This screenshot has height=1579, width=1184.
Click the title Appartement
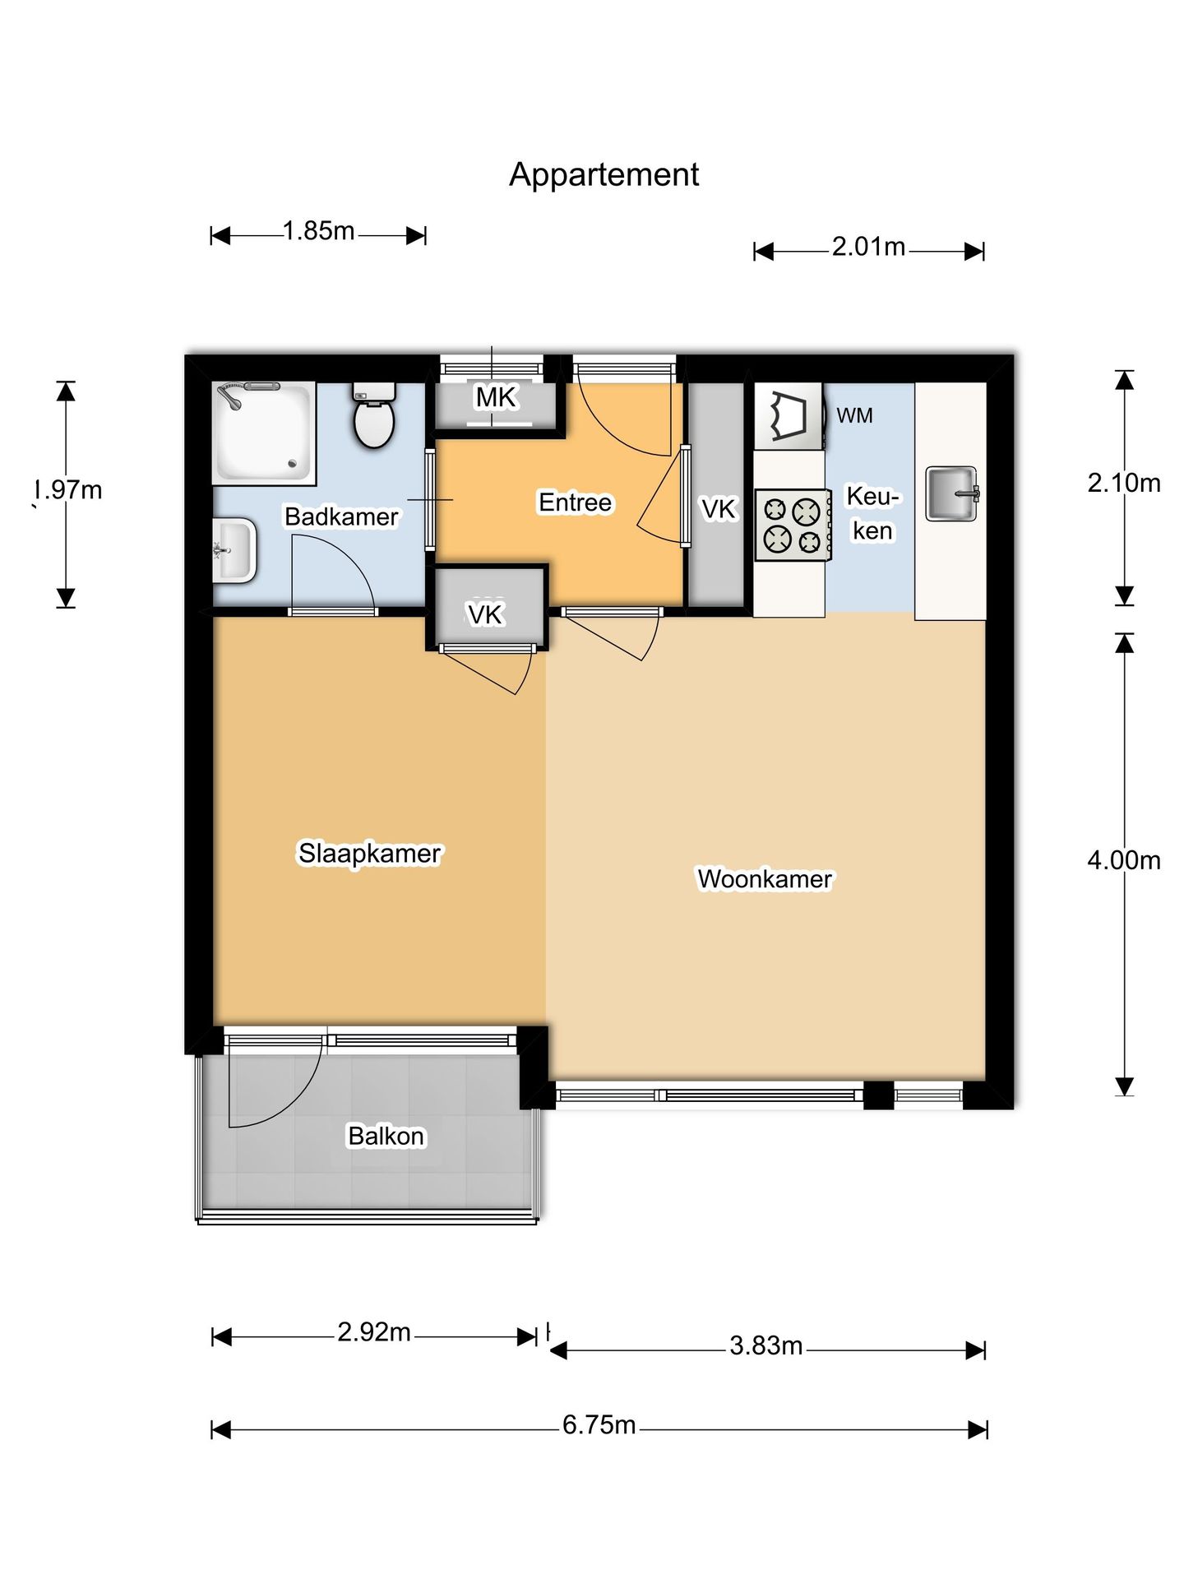click(604, 174)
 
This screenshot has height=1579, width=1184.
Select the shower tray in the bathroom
click(263, 433)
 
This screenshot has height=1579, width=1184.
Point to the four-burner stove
click(793, 526)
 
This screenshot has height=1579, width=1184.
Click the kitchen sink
click(951, 493)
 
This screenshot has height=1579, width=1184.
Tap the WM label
click(854, 415)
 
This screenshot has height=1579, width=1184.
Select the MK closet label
click(495, 397)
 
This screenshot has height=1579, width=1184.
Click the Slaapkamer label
click(369, 853)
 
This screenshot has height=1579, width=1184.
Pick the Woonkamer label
click(765, 878)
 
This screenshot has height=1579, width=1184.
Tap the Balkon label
click(386, 1136)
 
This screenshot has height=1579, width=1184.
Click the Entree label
click(575, 502)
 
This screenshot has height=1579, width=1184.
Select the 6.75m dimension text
click(599, 1424)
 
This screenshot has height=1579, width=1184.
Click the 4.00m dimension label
click(1123, 860)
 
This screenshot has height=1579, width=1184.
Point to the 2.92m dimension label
click(373, 1331)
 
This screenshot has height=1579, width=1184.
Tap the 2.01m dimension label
click(868, 246)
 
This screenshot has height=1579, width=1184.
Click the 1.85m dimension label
click(318, 230)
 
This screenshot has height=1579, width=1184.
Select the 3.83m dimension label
click(765, 1345)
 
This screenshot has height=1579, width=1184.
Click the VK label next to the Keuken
click(719, 509)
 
